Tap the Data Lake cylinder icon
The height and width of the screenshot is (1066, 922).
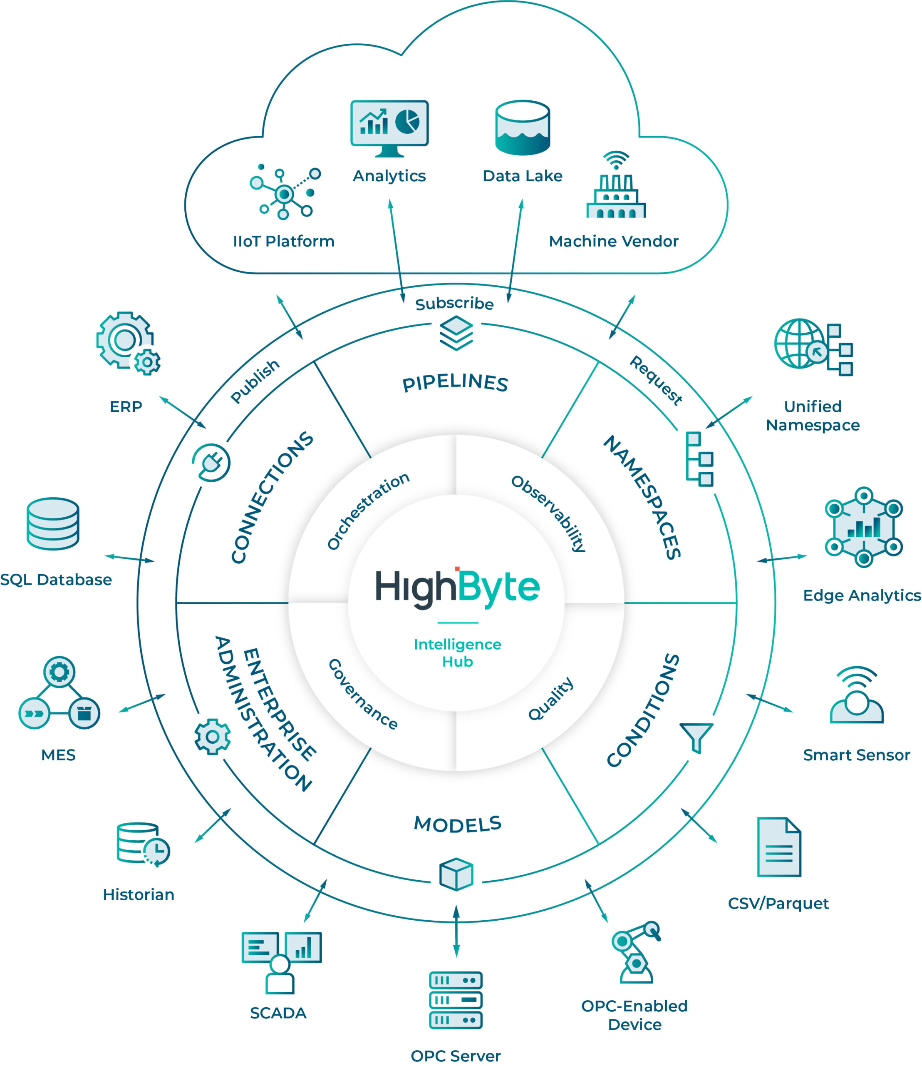pyautogui.click(x=522, y=128)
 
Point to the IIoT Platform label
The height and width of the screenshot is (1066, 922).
pyautogui.click(x=283, y=241)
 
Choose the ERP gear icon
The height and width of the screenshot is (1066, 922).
pyautogui.click(x=128, y=343)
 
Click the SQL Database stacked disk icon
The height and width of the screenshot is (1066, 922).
pyautogui.click(x=53, y=523)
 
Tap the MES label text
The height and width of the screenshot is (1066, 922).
pyautogui.click(x=58, y=755)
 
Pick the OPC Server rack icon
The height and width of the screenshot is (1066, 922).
pyautogui.click(x=456, y=1000)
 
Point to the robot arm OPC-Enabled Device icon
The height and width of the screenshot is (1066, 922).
pyautogui.click(x=635, y=953)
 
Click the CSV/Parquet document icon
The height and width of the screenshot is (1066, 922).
pyautogui.click(x=779, y=847)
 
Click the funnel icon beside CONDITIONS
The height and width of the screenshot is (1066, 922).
pyautogui.click(x=696, y=737)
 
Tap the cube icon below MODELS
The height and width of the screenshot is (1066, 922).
pyautogui.click(x=456, y=874)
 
